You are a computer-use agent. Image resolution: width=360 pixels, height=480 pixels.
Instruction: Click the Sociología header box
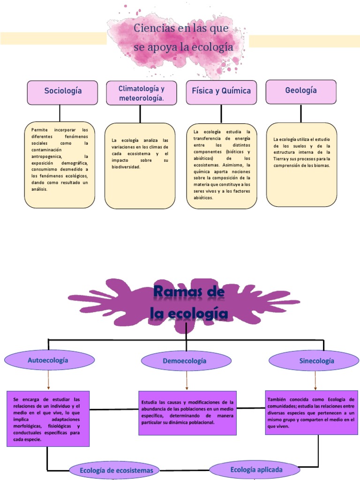[x=62, y=92]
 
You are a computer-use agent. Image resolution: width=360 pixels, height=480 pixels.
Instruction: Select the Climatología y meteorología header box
[x=141, y=93]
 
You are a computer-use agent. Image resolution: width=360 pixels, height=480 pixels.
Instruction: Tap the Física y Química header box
[x=221, y=92]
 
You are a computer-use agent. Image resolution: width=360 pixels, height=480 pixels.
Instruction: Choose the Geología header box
[x=301, y=91]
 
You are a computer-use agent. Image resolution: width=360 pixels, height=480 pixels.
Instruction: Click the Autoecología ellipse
[x=48, y=360]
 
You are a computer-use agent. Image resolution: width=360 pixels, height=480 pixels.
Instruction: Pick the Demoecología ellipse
[x=187, y=361]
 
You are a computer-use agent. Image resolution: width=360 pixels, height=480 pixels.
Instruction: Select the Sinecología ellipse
[x=316, y=361]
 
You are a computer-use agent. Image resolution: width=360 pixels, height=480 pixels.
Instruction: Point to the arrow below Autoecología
[x=48, y=379]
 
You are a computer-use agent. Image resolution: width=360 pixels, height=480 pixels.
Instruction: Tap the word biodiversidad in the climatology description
[x=126, y=167]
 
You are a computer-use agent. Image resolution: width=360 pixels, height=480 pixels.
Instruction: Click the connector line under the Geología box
[x=301, y=113]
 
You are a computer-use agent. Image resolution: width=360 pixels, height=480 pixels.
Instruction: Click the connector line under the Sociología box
[x=60, y=113]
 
